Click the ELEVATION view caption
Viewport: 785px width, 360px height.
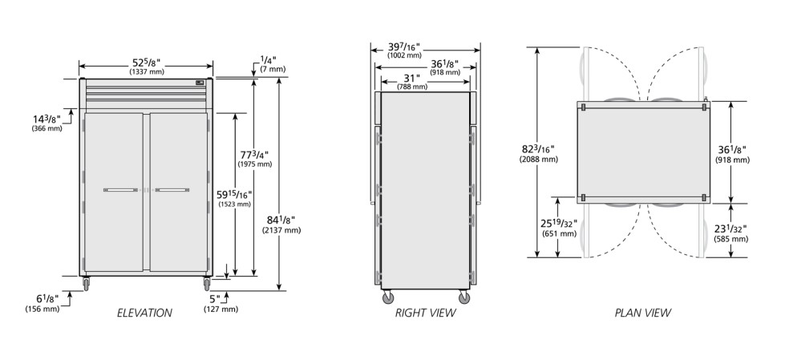coord(144,313)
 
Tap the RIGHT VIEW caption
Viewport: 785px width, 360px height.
coord(426,313)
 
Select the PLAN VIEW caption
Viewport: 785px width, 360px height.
coord(643,313)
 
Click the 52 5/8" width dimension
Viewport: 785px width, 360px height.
coord(146,63)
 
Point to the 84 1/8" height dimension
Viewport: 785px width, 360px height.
coord(281,220)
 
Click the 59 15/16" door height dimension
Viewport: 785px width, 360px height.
coord(234,194)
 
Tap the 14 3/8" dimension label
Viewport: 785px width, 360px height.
coord(47,119)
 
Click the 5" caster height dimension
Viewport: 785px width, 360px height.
coord(215,299)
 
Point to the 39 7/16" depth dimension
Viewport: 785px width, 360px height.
coord(404,47)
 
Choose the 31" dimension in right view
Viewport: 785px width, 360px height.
coord(411,78)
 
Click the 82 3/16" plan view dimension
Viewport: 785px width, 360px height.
coord(538,149)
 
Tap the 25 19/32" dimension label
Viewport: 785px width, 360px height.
coord(559,224)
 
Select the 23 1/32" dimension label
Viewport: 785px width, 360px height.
coord(730,229)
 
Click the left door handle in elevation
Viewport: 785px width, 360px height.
coord(120,190)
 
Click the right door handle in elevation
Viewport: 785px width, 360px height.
coord(172,190)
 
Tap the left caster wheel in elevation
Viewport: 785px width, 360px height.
coord(86,284)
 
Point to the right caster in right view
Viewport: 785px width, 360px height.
coord(464,298)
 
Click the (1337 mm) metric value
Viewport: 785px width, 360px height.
coord(147,72)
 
